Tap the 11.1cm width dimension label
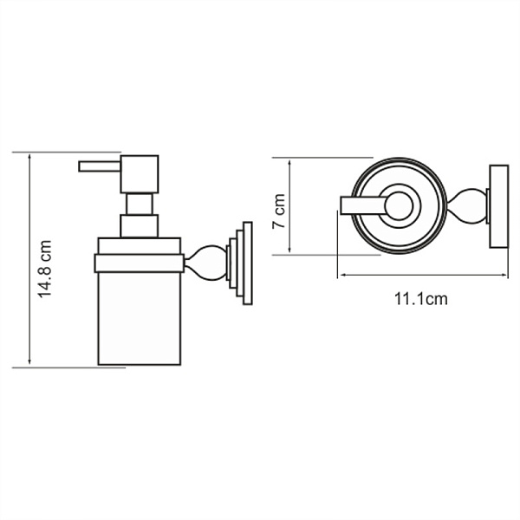pyautogui.click(x=420, y=299)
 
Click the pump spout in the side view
pyautogui.click(x=99, y=165)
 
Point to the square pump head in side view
pyautogui.click(x=140, y=174)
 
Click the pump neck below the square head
pyautogui.click(x=140, y=204)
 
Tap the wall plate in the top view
pyautogui.click(x=498, y=205)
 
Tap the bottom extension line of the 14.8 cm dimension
pyautogui.click(x=69, y=367)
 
